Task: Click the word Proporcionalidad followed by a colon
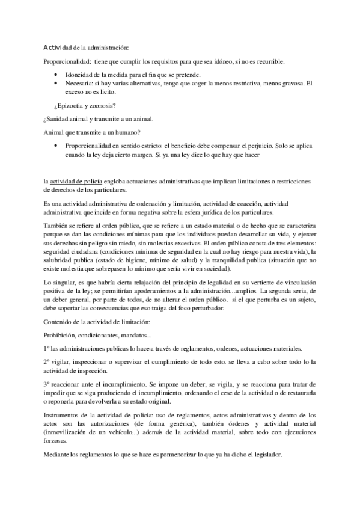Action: point(67,62)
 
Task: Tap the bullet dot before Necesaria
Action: point(56,82)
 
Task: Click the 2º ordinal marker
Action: point(47,363)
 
